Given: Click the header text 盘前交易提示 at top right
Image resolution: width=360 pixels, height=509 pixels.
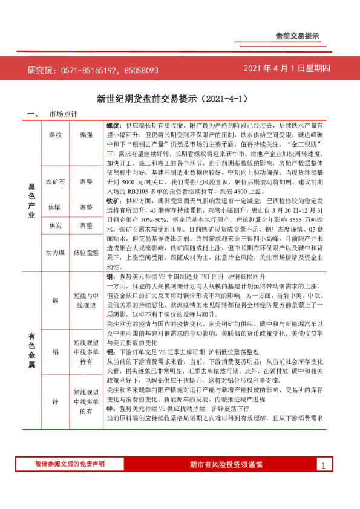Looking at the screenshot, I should coord(296,36).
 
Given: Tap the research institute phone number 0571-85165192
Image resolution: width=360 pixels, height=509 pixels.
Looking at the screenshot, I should coord(89,70).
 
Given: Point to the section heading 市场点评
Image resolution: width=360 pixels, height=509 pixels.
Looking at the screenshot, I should coord(63,114).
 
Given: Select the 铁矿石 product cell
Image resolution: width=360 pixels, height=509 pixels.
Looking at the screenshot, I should coord(55,181).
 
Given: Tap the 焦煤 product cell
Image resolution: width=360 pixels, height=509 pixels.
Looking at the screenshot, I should coord(55,207).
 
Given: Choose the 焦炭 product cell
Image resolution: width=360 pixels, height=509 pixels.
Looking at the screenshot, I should coord(55,226).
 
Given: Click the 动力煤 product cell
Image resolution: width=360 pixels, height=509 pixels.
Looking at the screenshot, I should coord(55,253).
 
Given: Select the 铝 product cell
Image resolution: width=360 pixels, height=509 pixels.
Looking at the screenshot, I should coord(55,351).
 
